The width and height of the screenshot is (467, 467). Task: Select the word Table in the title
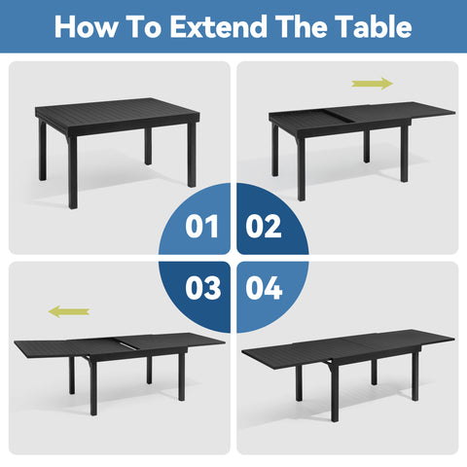(373, 26)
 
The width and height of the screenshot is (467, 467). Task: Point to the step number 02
(264, 227)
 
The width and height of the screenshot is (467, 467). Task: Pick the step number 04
(264, 289)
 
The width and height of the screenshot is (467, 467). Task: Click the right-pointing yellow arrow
(372, 84)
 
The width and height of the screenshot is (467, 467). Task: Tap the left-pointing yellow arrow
(69, 311)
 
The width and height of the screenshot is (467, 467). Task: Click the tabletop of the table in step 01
(117, 115)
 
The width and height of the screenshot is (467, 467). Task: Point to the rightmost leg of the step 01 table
(191, 161)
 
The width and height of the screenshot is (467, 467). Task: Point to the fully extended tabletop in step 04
(345, 344)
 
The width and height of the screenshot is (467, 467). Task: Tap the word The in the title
(303, 26)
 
